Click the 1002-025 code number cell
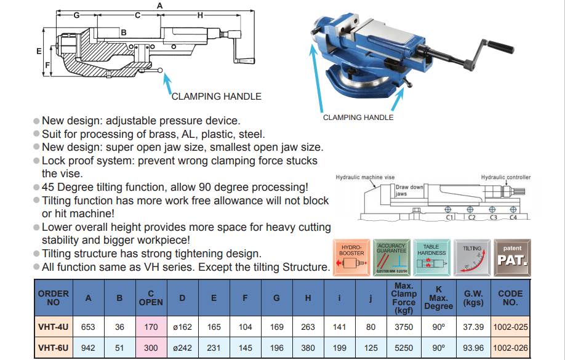click(510, 327)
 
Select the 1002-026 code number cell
click(510, 348)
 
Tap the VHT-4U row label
click(53, 327)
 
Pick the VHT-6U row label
click(53, 348)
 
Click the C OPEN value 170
click(151, 327)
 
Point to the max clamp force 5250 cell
click(403, 348)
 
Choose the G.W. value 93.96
click(473, 348)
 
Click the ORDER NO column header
click(53, 298)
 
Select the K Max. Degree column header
click(438, 298)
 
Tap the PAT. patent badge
click(512, 256)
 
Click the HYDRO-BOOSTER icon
click(351, 256)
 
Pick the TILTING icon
click(472, 256)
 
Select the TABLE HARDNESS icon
click(431, 256)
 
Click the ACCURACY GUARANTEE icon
click(391, 256)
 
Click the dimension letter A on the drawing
click(159, 5)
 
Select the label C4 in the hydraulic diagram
click(514, 217)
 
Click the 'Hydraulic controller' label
click(505, 177)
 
